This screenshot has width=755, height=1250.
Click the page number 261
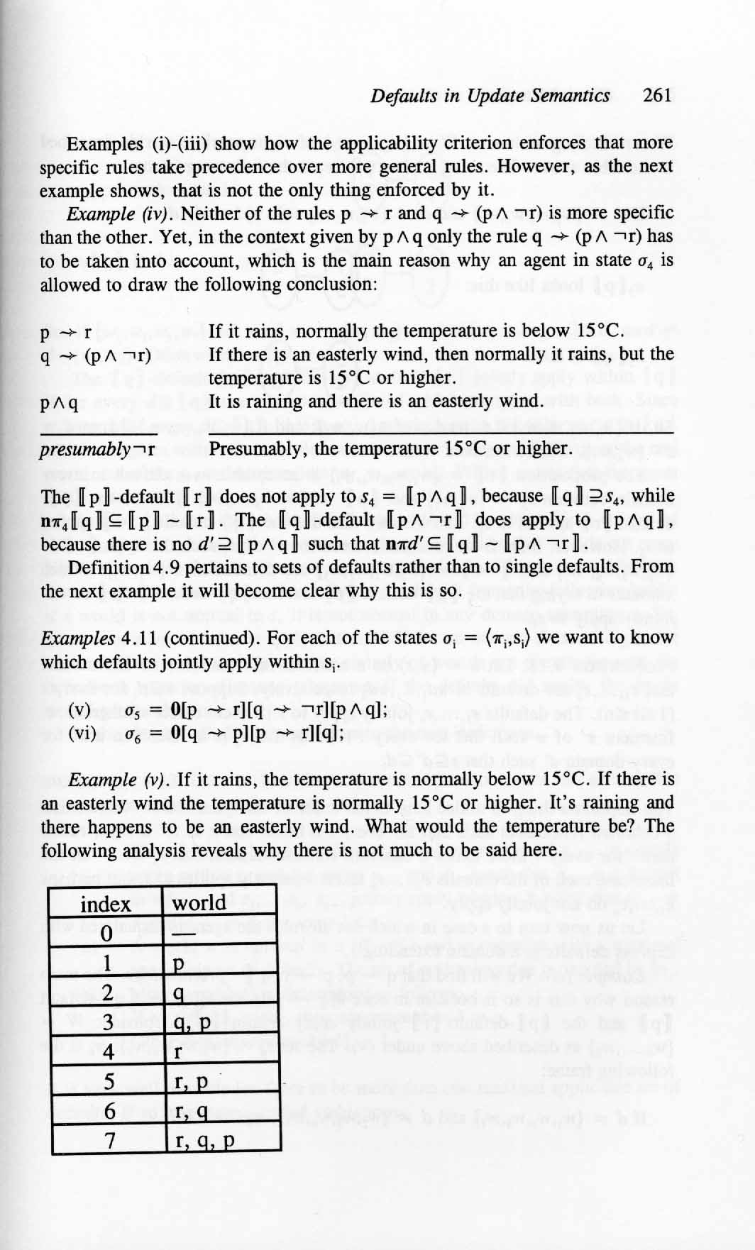tap(656, 96)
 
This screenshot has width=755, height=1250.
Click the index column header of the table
tap(106, 905)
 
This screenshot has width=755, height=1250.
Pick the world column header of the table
tap(199, 903)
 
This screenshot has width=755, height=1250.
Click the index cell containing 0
tap(106, 934)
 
